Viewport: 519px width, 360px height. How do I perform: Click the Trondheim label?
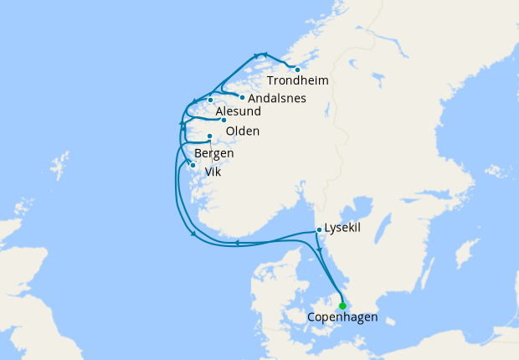click(x=297, y=81)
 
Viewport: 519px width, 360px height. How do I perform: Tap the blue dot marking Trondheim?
click(x=297, y=69)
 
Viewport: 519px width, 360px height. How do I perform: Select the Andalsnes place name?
click(x=271, y=99)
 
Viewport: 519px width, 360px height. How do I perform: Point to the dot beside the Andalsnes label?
click(x=242, y=97)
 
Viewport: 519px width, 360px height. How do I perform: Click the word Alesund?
click(x=238, y=112)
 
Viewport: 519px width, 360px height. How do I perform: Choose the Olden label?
click(x=243, y=131)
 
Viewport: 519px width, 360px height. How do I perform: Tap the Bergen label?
click(x=213, y=154)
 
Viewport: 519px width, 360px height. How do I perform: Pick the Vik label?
click(x=213, y=171)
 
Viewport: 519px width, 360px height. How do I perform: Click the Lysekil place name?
click(x=342, y=228)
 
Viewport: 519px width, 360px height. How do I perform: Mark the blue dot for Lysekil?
click(x=319, y=229)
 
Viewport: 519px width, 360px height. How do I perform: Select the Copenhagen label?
click(x=342, y=318)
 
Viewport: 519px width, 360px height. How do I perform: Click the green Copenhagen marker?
click(x=342, y=306)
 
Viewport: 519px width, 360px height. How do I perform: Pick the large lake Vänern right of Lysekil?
click(x=361, y=209)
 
